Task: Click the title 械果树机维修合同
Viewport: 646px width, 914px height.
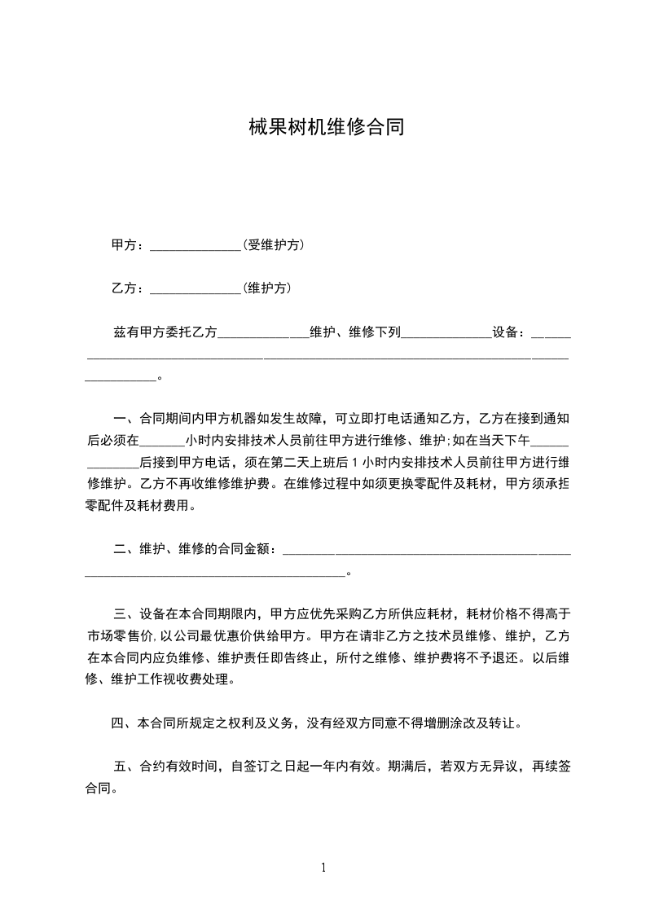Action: [326, 128]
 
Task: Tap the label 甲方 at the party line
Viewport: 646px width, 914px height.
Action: [125, 245]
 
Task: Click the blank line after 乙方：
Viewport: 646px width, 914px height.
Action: [196, 289]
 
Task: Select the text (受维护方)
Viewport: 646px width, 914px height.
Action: [274, 245]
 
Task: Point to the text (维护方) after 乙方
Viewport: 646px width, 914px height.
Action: [267, 288]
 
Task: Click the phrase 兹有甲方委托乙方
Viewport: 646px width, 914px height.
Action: [165, 332]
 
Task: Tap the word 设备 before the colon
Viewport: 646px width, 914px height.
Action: [505, 332]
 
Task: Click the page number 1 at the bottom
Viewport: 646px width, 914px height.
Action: [323, 868]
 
